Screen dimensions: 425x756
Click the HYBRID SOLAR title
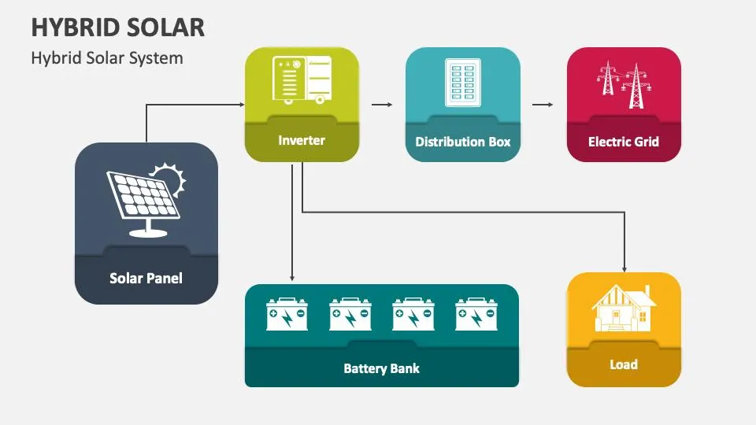click(118, 27)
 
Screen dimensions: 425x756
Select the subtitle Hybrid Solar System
click(107, 58)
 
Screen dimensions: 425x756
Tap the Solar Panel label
click(146, 278)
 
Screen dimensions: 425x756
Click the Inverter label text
click(302, 141)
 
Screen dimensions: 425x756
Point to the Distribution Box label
click(463, 142)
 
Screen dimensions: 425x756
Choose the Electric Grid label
click(624, 142)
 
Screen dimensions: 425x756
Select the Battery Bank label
click(381, 368)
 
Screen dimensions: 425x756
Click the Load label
click(624, 364)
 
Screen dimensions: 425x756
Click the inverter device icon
click(302, 80)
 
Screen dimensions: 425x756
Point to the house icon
click(624, 309)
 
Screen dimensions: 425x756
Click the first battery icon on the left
click(287, 314)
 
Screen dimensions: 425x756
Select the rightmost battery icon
click(476, 314)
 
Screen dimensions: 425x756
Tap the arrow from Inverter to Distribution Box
click(382, 104)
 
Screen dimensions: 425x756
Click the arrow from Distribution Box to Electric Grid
click(542, 104)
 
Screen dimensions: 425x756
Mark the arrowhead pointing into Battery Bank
click(292, 278)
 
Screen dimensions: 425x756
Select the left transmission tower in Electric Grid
click(608, 80)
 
